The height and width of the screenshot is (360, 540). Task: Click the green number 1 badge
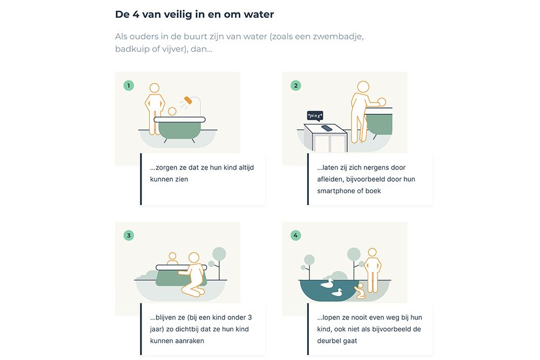pos(129,85)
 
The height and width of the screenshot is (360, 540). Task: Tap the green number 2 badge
pos(295,85)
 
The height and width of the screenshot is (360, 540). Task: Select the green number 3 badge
pos(129,235)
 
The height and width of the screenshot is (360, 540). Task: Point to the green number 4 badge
pos(295,235)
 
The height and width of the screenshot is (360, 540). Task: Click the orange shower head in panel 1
pos(188,100)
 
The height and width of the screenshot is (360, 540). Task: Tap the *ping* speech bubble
pos(315,116)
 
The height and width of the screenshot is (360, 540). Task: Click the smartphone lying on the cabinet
pos(327,128)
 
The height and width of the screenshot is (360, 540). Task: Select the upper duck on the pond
pos(327,283)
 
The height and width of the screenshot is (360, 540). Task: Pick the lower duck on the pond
pos(337,293)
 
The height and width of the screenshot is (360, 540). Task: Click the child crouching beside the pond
pos(360,292)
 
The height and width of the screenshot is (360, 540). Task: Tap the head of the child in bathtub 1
pos(172,112)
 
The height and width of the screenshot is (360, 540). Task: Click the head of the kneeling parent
pos(193,257)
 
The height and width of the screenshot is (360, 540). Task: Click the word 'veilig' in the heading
pos(173,14)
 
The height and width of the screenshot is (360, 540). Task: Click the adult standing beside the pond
pos(372,270)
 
